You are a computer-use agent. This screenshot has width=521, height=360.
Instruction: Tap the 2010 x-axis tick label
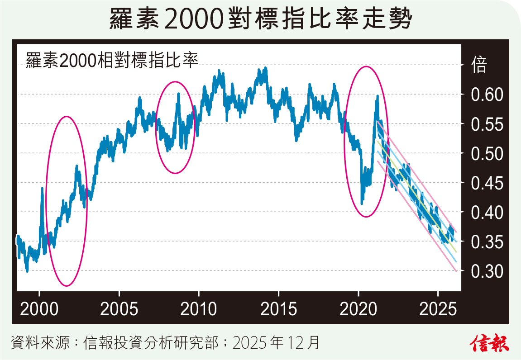[199, 309]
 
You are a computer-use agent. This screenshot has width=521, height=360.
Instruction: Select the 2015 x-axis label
[278, 309]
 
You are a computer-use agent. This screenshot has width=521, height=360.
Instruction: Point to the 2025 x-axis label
[438, 309]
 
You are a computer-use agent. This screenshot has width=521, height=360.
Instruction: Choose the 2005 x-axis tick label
[119, 309]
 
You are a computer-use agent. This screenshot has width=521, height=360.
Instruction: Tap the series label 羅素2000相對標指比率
[112, 61]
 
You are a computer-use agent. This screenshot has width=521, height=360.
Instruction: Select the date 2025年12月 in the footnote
[276, 343]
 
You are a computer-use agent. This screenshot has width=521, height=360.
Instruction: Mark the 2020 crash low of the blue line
[362, 203]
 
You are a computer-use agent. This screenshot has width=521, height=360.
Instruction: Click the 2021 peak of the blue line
[377, 96]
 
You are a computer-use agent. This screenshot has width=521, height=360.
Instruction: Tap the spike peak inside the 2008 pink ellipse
[179, 94]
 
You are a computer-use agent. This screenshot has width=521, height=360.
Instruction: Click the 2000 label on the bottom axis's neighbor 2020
[358, 309]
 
